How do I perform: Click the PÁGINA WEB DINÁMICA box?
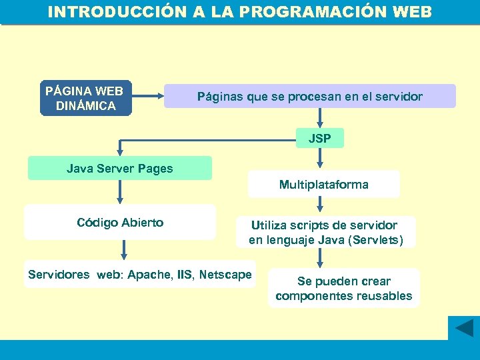click(x=86, y=99)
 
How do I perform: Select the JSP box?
click(x=320, y=139)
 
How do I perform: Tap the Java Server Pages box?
click(x=119, y=169)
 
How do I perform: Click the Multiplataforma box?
click(x=323, y=185)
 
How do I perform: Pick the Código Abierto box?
click(x=120, y=223)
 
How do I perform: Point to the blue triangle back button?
click(x=463, y=328)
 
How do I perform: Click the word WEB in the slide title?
click(x=407, y=13)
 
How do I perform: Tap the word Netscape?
click(x=225, y=275)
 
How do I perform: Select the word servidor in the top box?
click(x=399, y=97)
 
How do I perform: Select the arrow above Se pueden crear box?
click(x=321, y=257)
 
